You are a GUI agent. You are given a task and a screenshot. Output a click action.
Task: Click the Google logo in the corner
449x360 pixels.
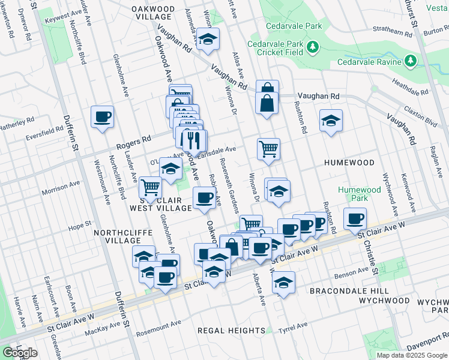(x=20, y=353)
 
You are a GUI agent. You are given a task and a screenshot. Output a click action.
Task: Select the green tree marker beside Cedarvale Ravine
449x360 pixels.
(x=411, y=61)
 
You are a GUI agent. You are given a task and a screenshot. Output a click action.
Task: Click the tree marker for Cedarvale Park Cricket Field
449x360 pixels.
(x=312, y=46)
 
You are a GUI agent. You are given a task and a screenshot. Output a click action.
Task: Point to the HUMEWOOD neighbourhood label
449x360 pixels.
(x=349, y=163)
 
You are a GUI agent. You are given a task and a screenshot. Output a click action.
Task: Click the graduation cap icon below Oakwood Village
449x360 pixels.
(x=208, y=40)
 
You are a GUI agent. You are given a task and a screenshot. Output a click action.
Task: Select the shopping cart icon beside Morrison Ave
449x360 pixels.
(x=149, y=187)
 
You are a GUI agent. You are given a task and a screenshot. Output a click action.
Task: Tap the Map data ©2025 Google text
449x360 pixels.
(x=411, y=355)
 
